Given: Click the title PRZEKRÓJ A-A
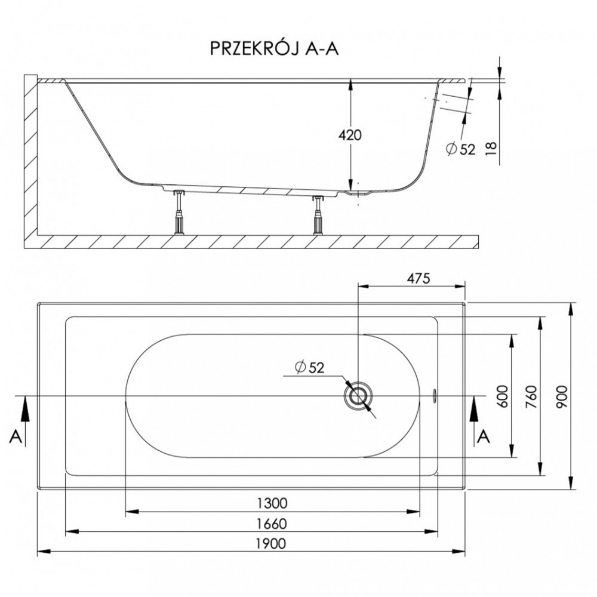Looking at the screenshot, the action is click(274, 49).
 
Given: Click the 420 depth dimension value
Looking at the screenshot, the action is click(350, 135).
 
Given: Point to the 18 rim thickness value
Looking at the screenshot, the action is click(491, 147).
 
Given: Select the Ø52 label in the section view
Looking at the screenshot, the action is click(461, 149).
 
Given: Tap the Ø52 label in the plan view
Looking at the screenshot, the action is click(309, 367).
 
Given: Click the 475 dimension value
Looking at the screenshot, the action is click(418, 278).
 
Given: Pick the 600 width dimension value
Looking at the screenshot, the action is click(503, 396).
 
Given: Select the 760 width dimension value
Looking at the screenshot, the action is click(531, 396).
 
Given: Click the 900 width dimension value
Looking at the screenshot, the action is click(562, 396).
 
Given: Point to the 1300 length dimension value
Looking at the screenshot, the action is click(272, 503).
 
